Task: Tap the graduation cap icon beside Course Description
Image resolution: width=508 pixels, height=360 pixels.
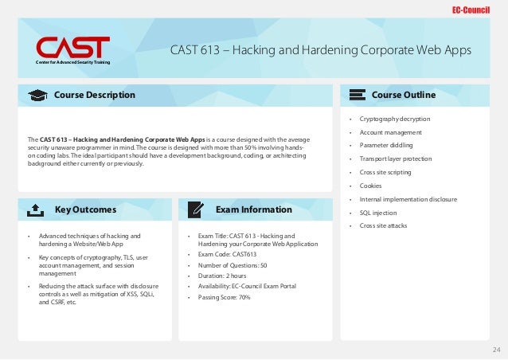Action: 37,96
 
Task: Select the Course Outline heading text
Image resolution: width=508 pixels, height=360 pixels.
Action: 403,96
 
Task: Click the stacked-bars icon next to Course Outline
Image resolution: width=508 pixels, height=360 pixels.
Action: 355,96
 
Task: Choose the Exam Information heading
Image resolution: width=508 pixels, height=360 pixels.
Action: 253,210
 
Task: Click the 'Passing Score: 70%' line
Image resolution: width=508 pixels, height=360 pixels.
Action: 222,297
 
